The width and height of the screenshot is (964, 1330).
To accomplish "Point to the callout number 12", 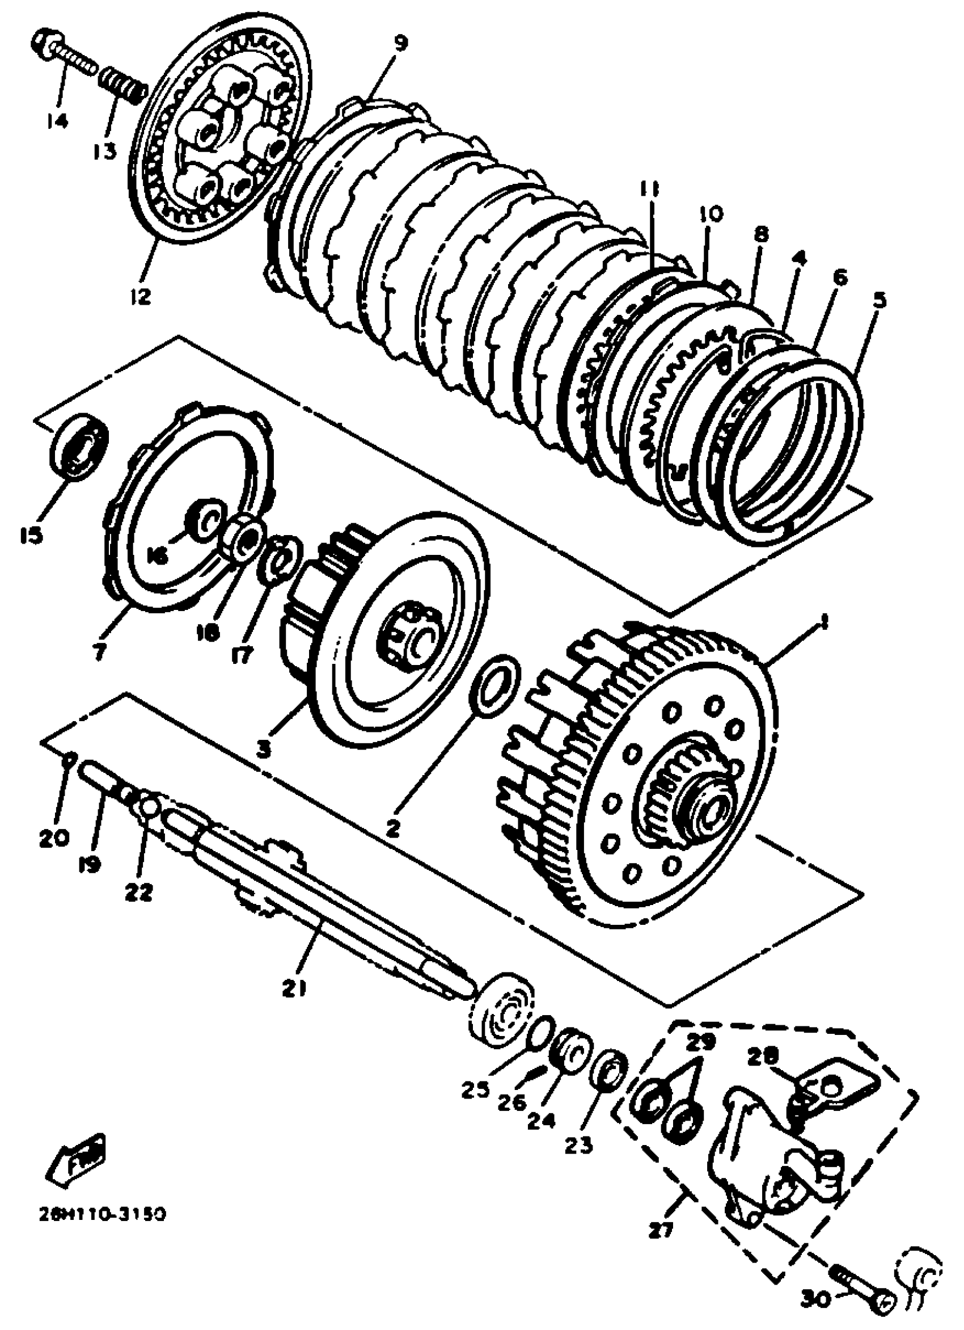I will point(141,297).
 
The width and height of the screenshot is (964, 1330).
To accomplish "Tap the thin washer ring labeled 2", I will point(497,685).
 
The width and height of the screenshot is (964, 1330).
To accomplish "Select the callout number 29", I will point(701,1042).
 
